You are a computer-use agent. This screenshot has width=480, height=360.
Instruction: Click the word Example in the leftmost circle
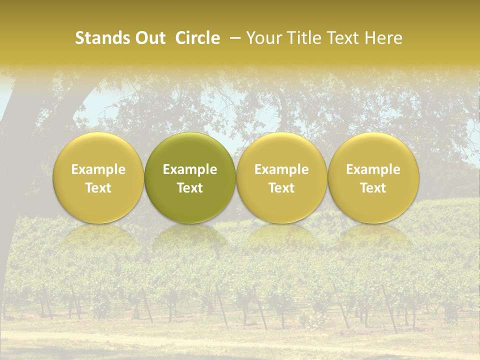(98, 169)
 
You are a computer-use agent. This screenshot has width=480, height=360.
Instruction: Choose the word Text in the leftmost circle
(98, 188)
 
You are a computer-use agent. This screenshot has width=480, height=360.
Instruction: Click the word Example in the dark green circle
(190, 169)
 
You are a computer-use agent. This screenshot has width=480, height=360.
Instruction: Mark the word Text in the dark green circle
(190, 188)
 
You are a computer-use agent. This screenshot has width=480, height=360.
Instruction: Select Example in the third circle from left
(281, 169)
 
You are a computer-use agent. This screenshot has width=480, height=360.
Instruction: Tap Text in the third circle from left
(281, 188)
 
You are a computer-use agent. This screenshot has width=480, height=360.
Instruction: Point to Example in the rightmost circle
(373, 169)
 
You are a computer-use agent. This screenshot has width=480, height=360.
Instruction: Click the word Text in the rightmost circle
(373, 188)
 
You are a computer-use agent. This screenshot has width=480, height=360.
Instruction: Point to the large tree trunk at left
(20, 150)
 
